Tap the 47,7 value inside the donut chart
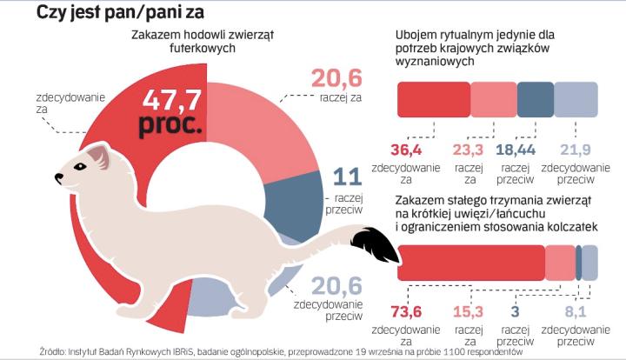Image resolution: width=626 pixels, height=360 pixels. [170, 98]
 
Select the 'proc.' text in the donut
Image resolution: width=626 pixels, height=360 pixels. [170, 125]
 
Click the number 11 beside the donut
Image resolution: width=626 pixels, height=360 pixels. [347, 178]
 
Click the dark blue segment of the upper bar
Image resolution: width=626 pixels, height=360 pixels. [535, 100]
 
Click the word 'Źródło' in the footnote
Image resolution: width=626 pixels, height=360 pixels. [56, 351]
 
